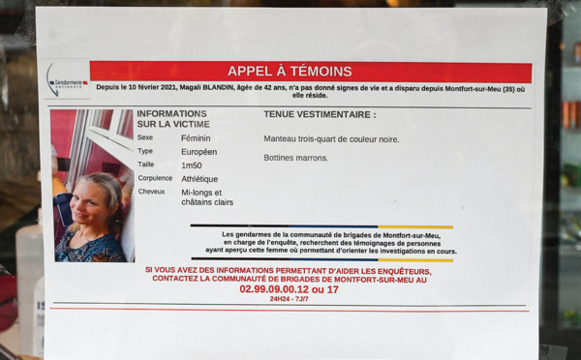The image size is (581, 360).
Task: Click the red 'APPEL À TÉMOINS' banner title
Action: click(290, 71)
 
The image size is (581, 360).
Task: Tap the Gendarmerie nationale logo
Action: click(67, 80)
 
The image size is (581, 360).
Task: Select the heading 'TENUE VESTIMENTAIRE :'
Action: click(320, 114)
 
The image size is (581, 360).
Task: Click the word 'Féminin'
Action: click(196, 138)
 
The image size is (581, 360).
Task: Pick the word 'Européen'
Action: click(199, 152)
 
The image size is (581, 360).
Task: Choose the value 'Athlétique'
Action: click(199, 179)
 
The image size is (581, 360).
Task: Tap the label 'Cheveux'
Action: click(151, 192)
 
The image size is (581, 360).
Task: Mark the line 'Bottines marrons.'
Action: click(295, 158)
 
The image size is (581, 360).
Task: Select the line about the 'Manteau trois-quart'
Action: click(331, 138)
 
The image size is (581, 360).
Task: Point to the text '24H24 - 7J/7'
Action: click(290, 299)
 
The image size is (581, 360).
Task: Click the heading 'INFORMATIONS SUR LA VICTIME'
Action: click(171, 119)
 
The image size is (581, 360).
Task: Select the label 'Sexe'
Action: click(145, 138)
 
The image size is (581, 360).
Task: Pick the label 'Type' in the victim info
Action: click(145, 152)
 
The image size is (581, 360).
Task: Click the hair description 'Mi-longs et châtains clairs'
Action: click(206, 197)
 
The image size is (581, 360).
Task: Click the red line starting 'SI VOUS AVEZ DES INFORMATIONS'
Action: click(289, 271)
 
